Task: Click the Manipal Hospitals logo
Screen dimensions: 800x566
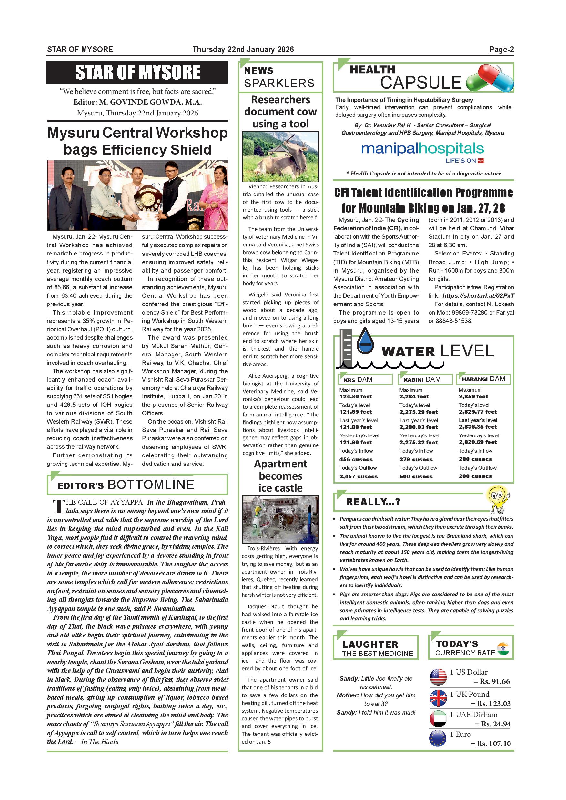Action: pyautogui.click(x=422, y=152)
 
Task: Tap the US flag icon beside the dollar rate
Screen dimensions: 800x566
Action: pyautogui.click(x=438, y=677)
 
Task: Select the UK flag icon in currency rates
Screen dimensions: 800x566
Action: pyautogui.click(x=438, y=698)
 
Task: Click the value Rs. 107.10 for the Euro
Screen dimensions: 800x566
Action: pyautogui.click(x=493, y=744)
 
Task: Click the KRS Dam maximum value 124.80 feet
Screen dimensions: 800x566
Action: pyautogui.click(x=356, y=396)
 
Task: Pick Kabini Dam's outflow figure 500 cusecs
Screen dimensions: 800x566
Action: pyautogui.click(x=416, y=476)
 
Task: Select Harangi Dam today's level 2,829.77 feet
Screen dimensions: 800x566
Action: pyautogui.click(x=478, y=412)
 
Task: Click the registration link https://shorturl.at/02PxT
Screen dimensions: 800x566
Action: pyautogui.click(x=478, y=296)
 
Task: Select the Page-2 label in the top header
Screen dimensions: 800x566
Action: pyautogui.click(x=501, y=49)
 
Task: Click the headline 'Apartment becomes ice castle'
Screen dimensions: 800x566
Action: pyautogui.click(x=280, y=475)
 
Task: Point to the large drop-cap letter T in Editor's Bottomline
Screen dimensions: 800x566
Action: pyautogui.click(x=58, y=506)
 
